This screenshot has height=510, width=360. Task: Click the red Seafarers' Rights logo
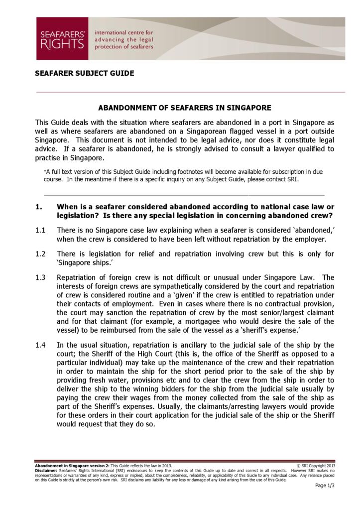coord(62,39)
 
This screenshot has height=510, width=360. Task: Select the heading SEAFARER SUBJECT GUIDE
coord(84,73)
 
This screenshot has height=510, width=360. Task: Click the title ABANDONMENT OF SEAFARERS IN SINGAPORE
coord(185,108)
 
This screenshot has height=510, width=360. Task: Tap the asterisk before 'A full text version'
coord(45,171)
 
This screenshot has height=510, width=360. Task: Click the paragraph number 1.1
coord(40,231)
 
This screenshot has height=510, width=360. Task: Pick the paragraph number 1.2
coord(40,254)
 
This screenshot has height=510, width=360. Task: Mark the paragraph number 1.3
coord(40,277)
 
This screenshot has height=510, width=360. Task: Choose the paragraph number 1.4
coord(40,345)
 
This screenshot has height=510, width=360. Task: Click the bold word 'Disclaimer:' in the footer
coord(46,470)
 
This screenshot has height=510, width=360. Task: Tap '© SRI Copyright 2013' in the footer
coord(316,466)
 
